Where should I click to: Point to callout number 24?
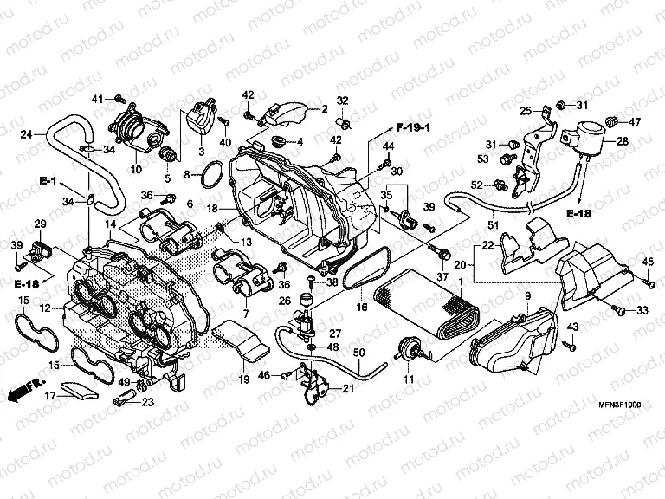coord(27,134)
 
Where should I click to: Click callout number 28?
coord(623,141)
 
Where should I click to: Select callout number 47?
coord(634,121)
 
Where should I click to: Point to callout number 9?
coord(526,297)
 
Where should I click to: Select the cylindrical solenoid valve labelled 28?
coord(582,139)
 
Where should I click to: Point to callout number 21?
coord(348,388)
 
